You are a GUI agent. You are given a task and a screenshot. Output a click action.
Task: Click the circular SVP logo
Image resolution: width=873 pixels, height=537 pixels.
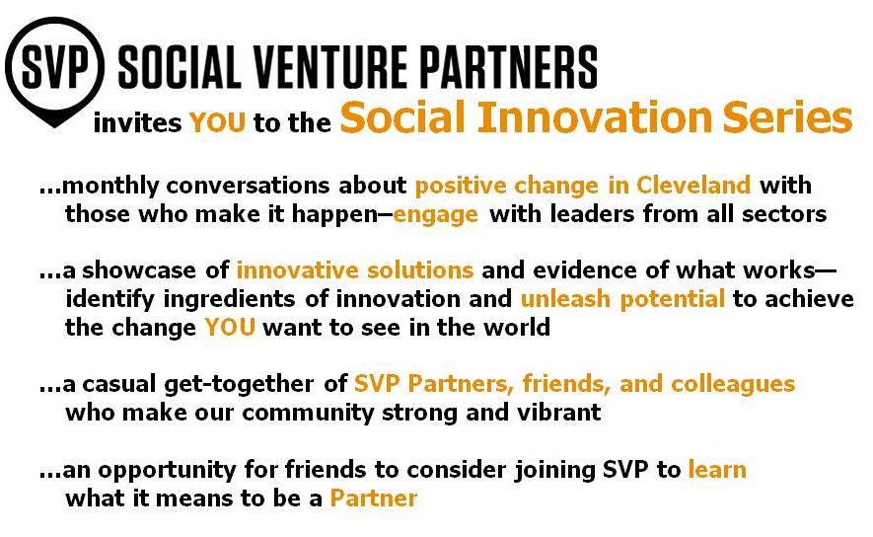click(x=54, y=71)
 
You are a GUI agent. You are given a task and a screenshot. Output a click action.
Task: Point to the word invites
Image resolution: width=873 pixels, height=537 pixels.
click(x=137, y=122)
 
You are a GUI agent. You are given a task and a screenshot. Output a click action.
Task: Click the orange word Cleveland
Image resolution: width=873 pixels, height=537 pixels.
click(x=693, y=185)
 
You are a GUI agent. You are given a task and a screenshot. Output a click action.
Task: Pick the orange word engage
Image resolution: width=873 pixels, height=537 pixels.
click(x=435, y=215)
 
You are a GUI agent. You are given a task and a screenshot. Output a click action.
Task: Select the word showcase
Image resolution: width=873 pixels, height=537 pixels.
click(x=139, y=270)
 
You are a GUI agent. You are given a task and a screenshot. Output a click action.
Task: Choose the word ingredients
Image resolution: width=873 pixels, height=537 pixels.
click(x=230, y=300)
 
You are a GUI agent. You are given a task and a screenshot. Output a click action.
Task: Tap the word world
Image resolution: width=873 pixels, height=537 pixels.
click(x=517, y=327)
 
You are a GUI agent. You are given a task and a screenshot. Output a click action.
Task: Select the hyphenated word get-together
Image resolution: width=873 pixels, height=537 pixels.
click(x=239, y=384)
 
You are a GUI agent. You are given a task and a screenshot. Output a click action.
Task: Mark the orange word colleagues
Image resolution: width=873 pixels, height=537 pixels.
click(x=733, y=384)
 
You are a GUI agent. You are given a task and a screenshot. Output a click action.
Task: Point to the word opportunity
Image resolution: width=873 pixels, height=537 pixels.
click(x=167, y=471)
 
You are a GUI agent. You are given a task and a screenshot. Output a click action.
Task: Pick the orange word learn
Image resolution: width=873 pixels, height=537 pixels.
click(x=717, y=470)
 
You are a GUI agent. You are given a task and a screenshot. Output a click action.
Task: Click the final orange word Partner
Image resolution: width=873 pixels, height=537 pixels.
click(x=374, y=498)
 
